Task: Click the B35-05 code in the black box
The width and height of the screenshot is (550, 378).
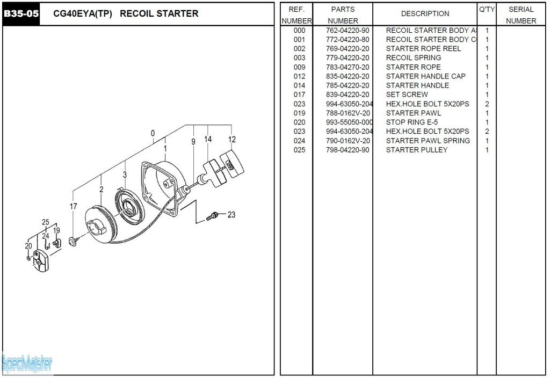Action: click(x=21, y=14)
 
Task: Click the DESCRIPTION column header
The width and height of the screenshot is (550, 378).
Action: click(x=425, y=14)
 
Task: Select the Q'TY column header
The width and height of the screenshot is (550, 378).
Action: click(x=487, y=10)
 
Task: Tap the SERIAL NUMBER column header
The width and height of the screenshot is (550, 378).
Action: click(x=520, y=15)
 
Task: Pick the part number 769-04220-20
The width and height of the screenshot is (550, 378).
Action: click(x=348, y=49)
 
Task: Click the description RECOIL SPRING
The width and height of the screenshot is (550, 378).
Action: click(x=414, y=58)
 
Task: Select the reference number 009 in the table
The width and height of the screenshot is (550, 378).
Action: click(x=299, y=67)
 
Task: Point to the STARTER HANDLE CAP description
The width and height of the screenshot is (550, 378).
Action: click(x=425, y=76)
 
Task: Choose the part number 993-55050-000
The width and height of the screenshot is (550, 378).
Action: click(x=349, y=122)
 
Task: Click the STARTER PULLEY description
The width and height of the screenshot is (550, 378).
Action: click(x=416, y=150)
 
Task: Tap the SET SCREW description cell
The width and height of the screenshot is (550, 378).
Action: click(x=407, y=95)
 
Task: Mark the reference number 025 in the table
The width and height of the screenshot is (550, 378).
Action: click(x=299, y=150)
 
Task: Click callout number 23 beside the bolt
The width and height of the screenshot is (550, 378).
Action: click(x=231, y=215)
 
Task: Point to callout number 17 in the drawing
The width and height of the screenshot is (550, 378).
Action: click(x=73, y=206)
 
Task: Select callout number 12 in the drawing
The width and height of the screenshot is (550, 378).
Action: click(x=232, y=140)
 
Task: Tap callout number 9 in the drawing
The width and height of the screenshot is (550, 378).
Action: click(x=193, y=142)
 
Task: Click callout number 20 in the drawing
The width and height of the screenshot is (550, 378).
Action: click(x=28, y=246)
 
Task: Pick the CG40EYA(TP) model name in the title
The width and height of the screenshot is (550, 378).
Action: click(x=83, y=14)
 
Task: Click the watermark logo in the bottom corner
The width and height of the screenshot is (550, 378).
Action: click(x=27, y=364)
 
